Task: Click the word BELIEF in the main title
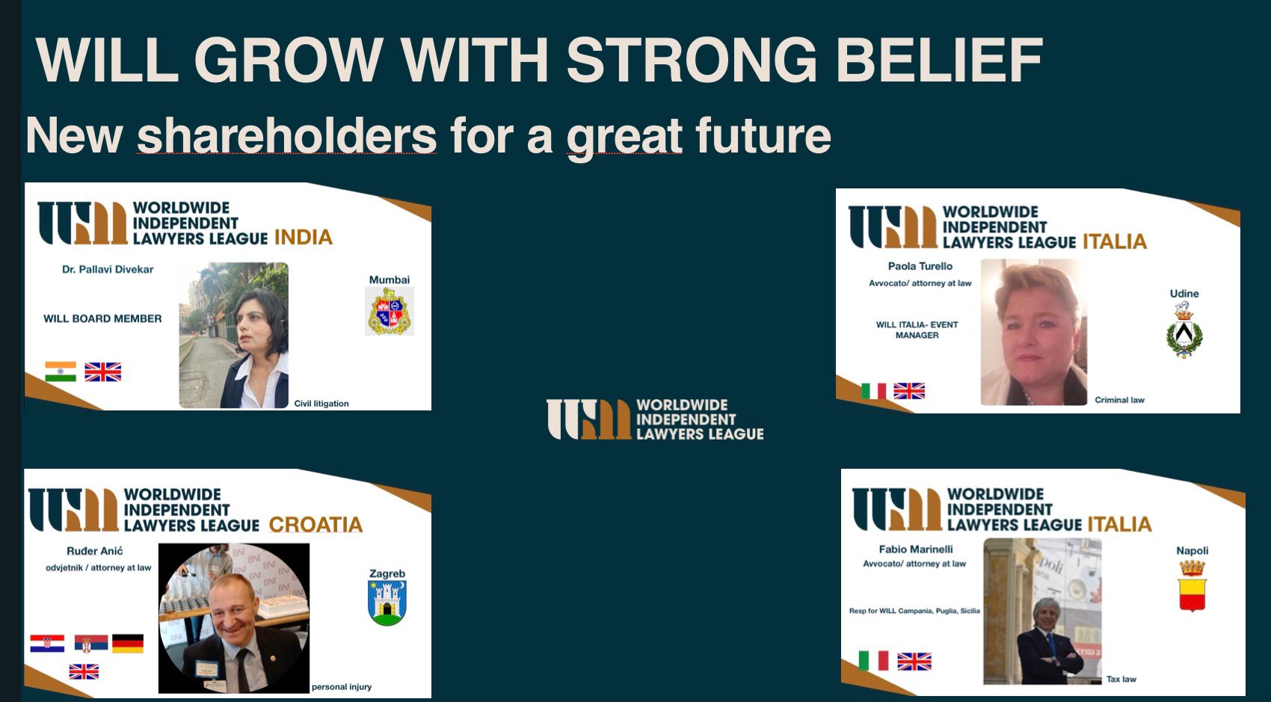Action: tap(939, 60)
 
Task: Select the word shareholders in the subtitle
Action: tap(286, 135)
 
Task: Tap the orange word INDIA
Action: tap(304, 237)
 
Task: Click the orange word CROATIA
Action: tap(316, 525)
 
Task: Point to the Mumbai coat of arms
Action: tap(390, 311)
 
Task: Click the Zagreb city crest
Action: tap(387, 603)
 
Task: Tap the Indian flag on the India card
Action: tap(61, 372)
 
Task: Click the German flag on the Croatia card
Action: tap(128, 644)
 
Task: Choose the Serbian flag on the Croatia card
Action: tap(91, 644)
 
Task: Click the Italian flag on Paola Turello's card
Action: tap(874, 391)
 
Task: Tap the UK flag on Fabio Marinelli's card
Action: tap(914, 662)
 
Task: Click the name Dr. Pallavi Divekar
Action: tap(108, 270)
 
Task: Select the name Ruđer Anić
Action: tap(95, 551)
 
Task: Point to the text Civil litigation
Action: tap(321, 404)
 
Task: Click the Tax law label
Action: tap(1121, 679)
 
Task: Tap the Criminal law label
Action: tap(1119, 400)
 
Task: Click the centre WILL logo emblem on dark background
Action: tap(589, 419)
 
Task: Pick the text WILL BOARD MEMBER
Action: tap(102, 319)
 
